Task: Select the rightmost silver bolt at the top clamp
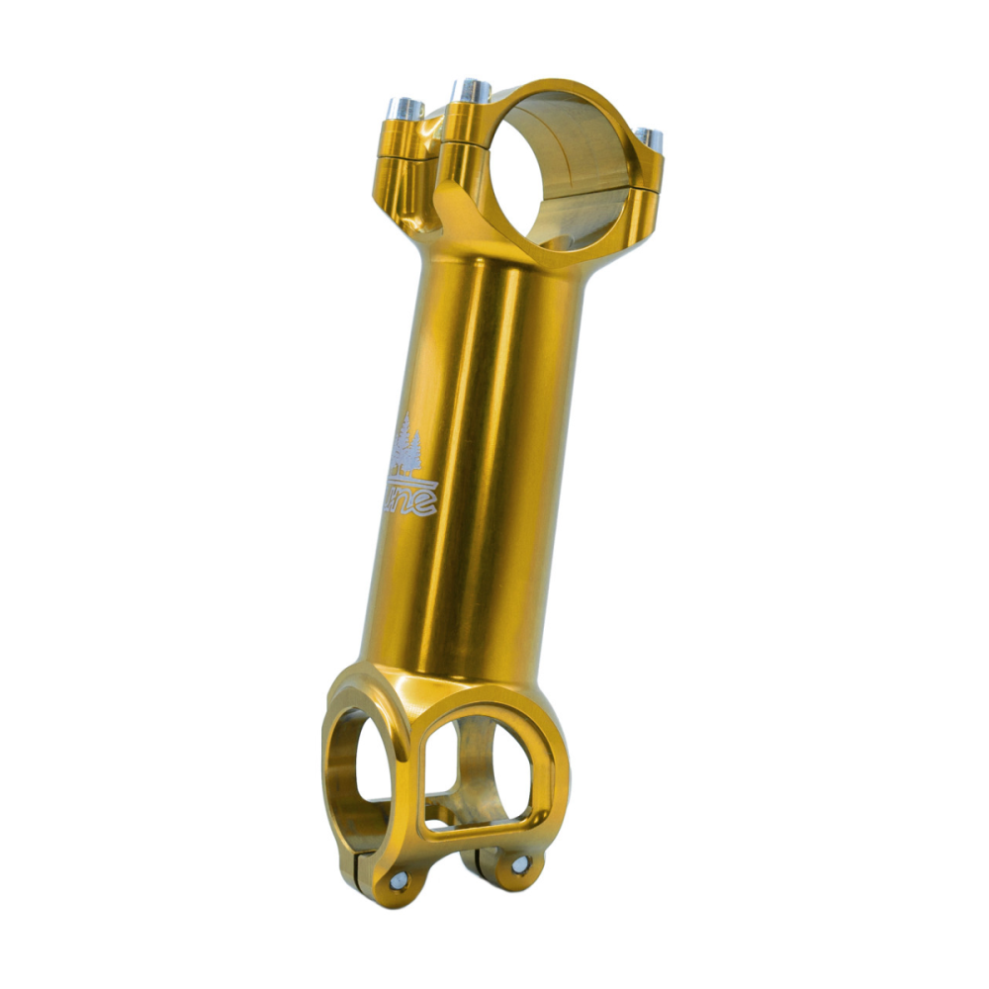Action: [x=649, y=136]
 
